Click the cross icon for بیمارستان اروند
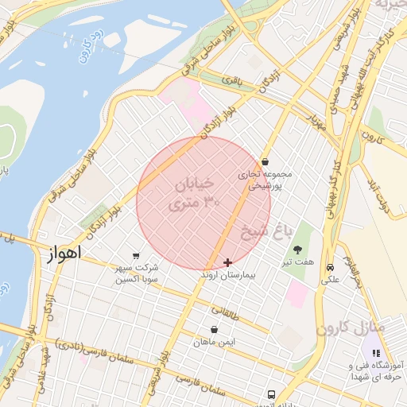[x=228, y=262]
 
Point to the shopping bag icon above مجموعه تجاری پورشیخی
[x=265, y=161]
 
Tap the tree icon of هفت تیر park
[x=298, y=250]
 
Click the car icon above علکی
[x=329, y=269]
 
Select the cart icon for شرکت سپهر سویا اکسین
[x=136, y=256]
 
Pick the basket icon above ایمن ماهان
[x=214, y=329]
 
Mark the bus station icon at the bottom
[x=271, y=394]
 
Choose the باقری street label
[x=231, y=81]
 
